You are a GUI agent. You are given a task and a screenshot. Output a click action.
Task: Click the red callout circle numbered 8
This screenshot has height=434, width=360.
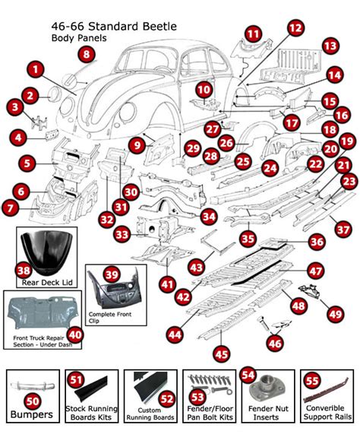tap(87, 54)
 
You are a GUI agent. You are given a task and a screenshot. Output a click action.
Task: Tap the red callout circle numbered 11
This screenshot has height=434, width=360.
tap(252, 33)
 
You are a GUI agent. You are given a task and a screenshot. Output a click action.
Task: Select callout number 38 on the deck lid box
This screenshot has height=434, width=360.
tap(24, 270)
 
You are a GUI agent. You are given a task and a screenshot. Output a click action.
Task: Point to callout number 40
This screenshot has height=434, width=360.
tap(75, 333)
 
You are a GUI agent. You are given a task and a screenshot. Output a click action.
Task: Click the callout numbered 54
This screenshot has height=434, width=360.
tap(248, 375)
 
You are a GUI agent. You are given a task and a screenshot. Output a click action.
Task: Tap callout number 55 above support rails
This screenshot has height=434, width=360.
tap(311, 382)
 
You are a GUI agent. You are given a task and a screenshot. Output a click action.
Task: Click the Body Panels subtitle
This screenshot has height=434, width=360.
tap(77, 37)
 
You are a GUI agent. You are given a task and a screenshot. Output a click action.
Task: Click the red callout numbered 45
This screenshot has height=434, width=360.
tap(221, 353)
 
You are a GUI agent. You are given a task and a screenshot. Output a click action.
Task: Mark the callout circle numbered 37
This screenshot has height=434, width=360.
tap(343, 229)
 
